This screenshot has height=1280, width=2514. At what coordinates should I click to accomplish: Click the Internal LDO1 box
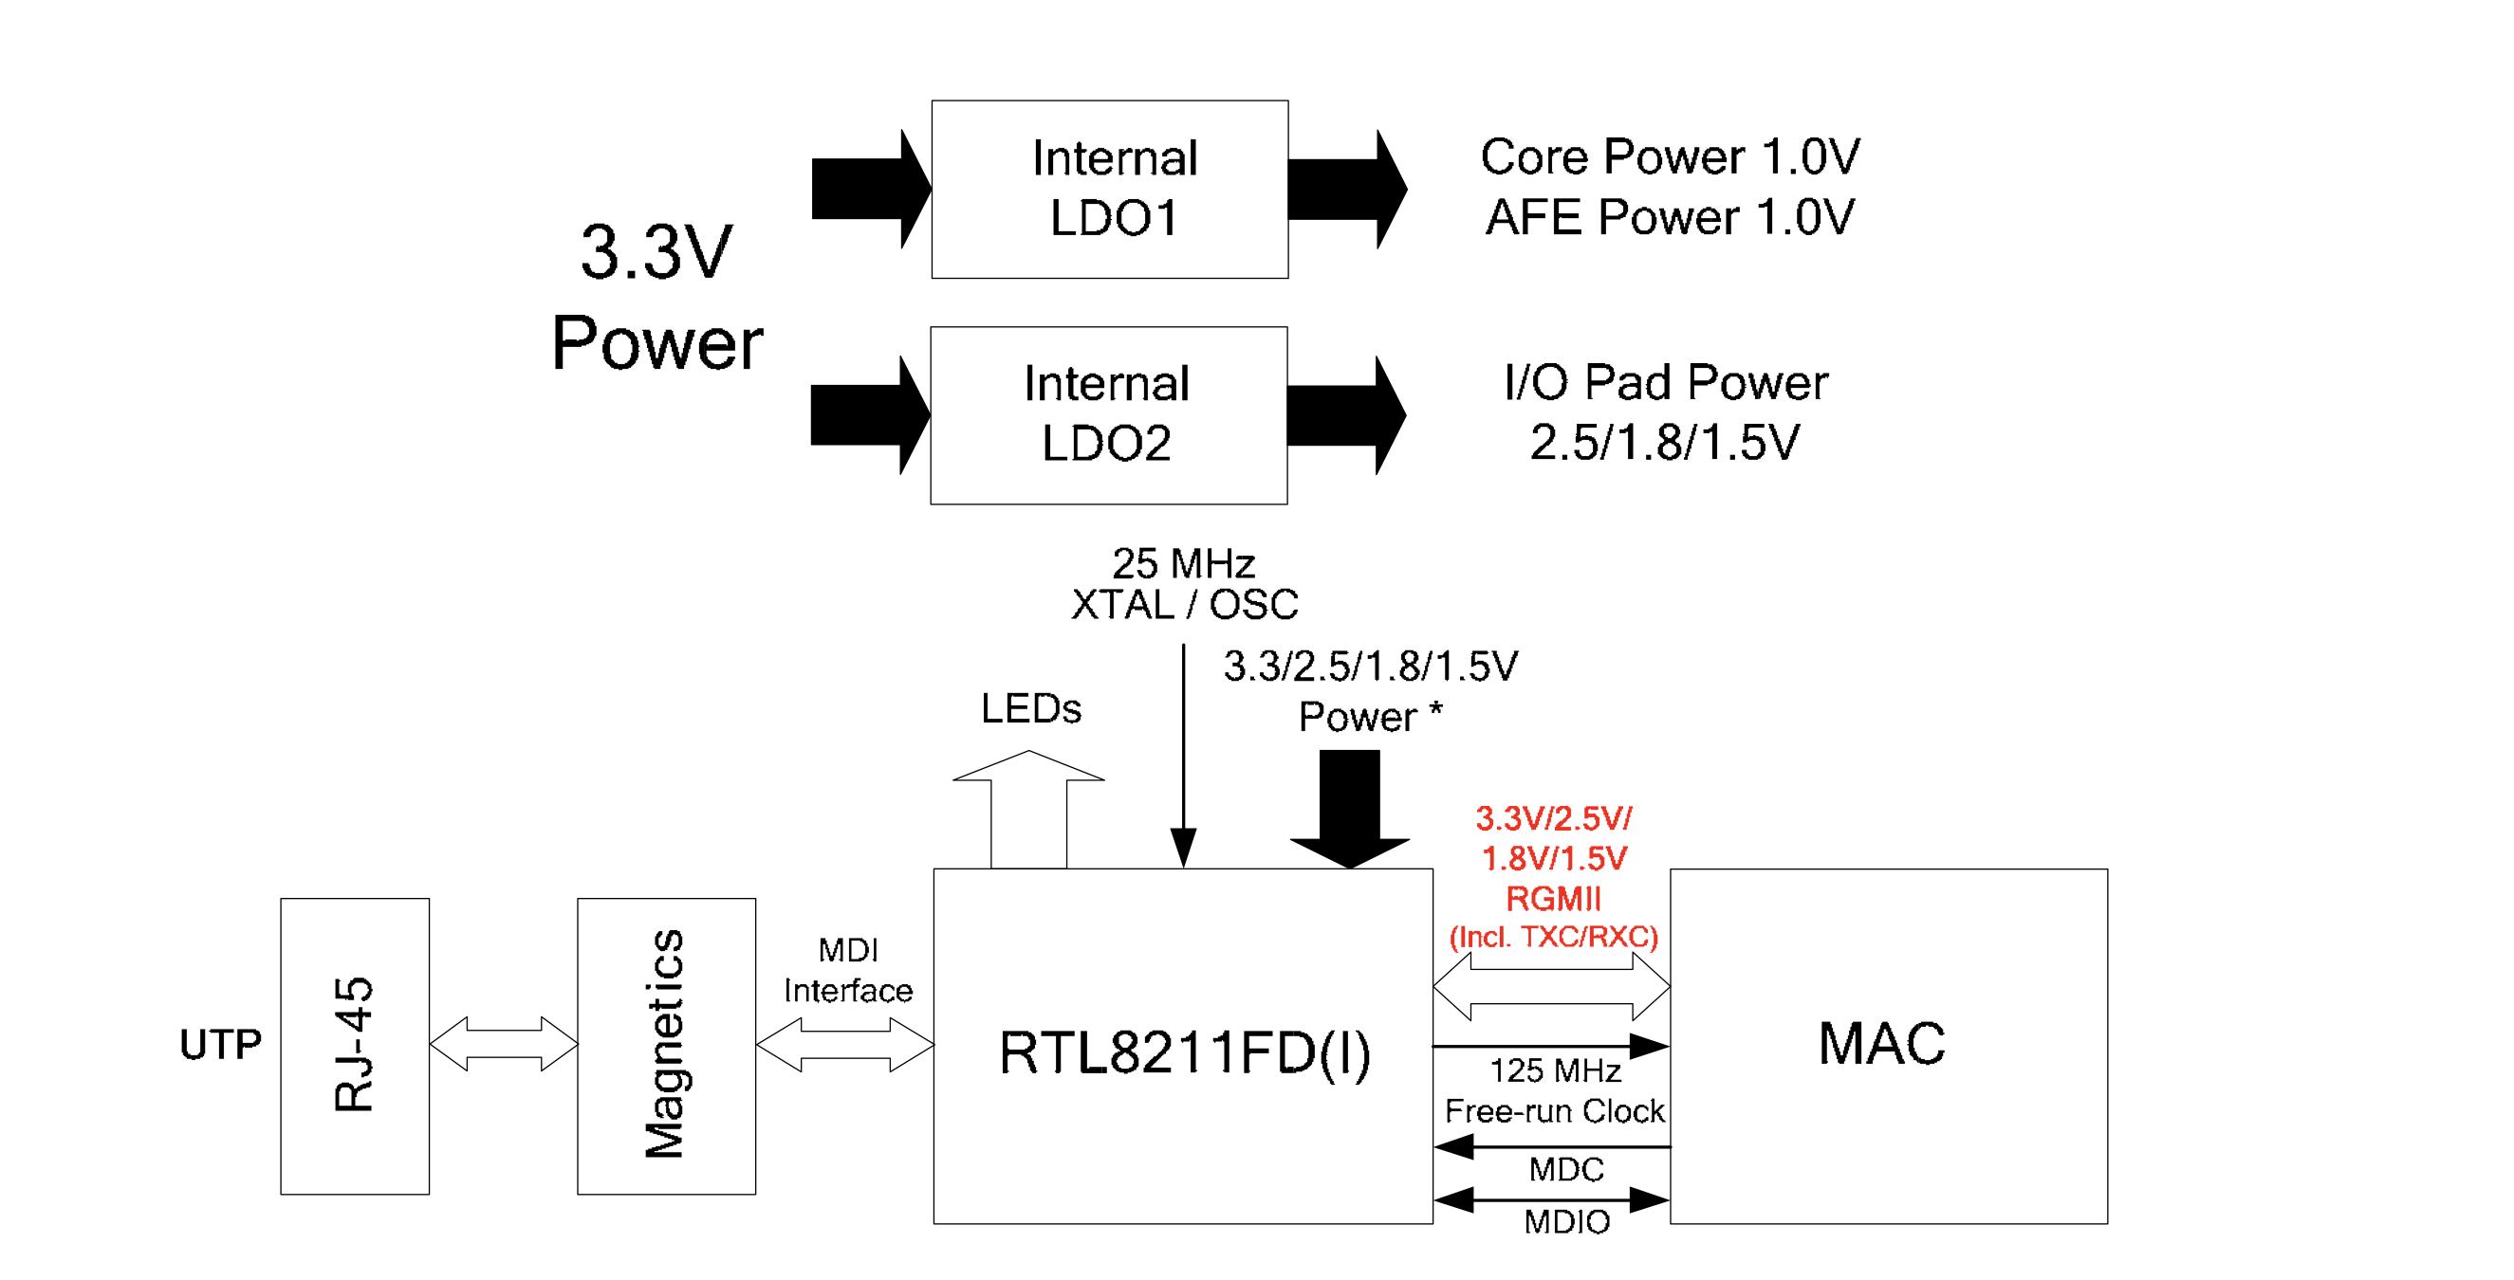(1110, 190)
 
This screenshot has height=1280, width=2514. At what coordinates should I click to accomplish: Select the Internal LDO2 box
(1109, 414)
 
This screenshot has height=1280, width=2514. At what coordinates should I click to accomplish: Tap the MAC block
(1888, 1045)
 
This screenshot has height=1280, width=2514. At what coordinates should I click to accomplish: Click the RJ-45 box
(354, 1045)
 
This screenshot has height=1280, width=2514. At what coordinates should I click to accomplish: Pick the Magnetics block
(666, 1045)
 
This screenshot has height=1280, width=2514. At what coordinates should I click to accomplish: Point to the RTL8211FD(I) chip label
(1184, 1053)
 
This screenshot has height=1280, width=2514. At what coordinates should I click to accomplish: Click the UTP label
(220, 1045)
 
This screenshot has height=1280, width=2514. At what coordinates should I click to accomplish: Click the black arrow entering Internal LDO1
(869, 190)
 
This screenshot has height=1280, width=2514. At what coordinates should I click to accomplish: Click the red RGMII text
(1554, 899)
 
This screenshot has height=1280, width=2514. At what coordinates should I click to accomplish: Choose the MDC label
(1565, 1169)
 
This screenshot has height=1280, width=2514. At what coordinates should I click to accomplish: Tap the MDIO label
(1566, 1221)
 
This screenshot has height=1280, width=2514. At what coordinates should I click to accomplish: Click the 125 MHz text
(1555, 1071)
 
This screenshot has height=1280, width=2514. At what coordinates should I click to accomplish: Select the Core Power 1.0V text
(1670, 156)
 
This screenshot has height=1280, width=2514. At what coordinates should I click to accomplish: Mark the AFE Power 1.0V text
(1669, 216)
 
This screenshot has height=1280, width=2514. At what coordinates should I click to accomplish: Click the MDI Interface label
(847, 971)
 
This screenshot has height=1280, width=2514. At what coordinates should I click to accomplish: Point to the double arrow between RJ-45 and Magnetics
(503, 1045)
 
